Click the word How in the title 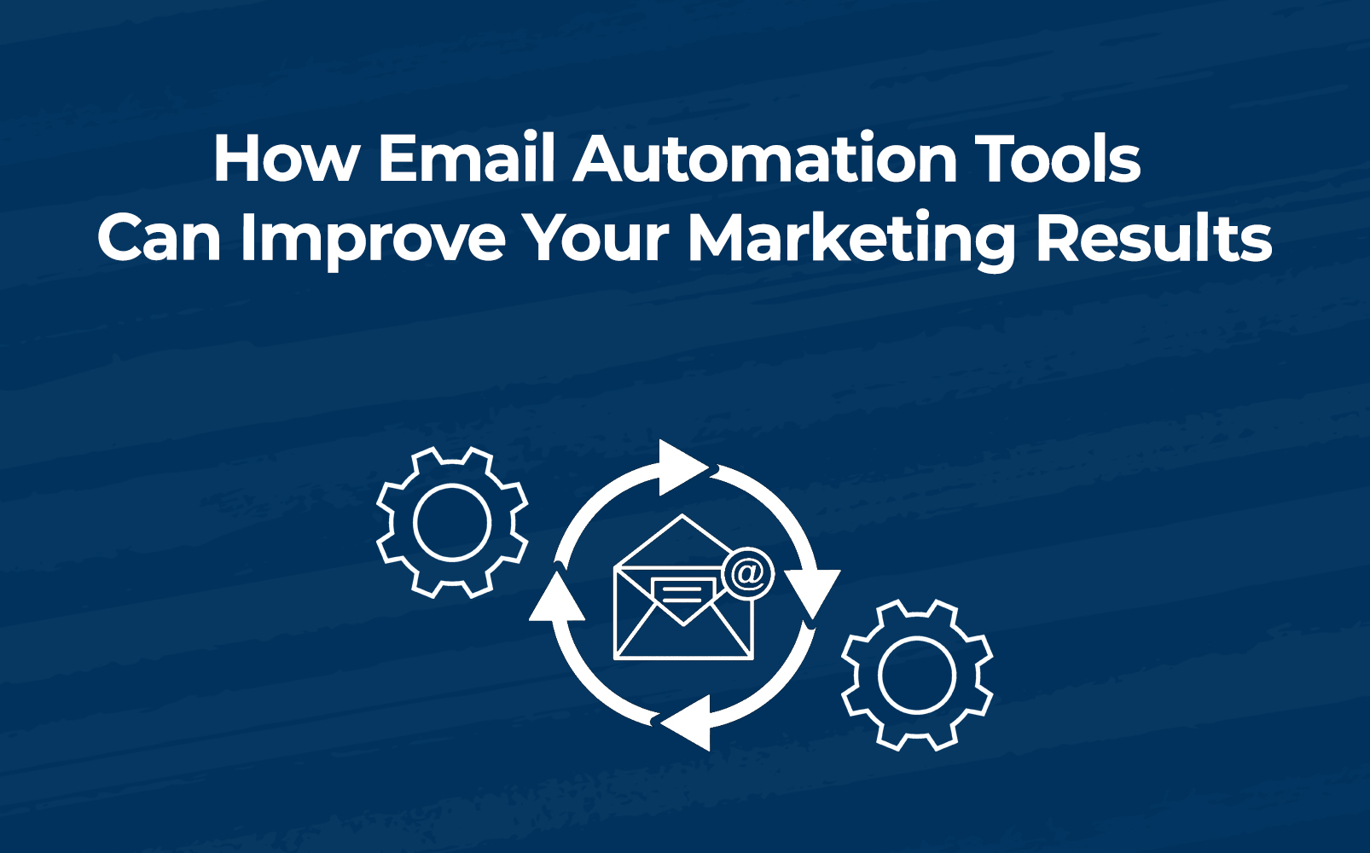pyautogui.click(x=286, y=158)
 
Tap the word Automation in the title pyautogui.click(x=764, y=158)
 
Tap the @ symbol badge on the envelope pyautogui.click(x=748, y=573)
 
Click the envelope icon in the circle pyautogui.click(x=683, y=587)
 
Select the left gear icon pyautogui.click(x=452, y=523)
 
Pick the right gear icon pyautogui.click(x=917, y=675)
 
